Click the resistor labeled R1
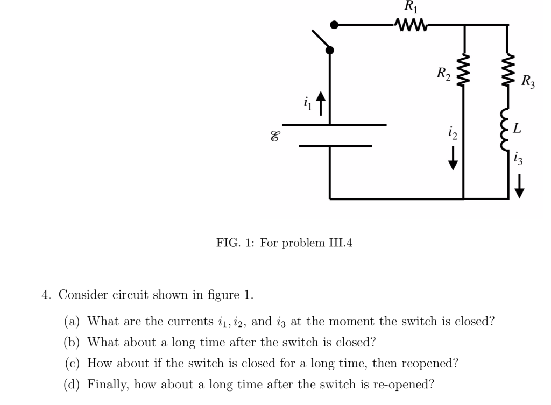coord(411,25)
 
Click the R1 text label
coord(411,7)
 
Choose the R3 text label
coord(528,82)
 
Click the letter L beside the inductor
coord(517,129)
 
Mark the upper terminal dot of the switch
coord(334,25)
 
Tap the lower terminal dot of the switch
coord(330,50)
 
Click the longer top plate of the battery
coord(334,125)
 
